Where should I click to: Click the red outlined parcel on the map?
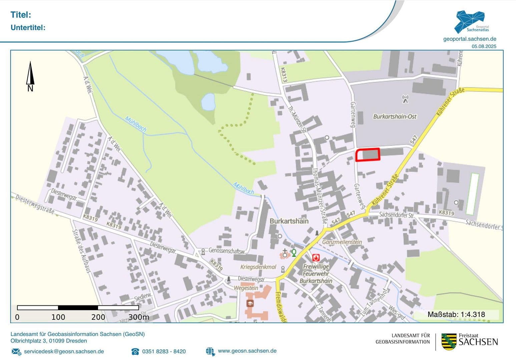(368, 155)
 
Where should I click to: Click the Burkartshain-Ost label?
(395, 117)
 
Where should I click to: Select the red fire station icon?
(316, 258)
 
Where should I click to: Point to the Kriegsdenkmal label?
(258, 267)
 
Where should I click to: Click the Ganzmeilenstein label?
(342, 242)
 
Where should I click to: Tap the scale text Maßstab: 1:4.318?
(456, 314)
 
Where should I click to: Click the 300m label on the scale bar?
(138, 317)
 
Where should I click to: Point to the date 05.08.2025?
(484, 47)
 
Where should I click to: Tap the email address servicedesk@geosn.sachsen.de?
(64, 351)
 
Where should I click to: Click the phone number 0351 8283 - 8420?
(164, 351)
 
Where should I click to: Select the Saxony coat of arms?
(449, 342)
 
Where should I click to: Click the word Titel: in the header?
(21, 15)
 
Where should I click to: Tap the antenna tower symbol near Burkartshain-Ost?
(405, 99)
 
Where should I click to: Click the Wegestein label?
(246, 288)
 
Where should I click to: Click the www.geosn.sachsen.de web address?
(247, 351)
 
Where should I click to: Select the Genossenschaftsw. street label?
(227, 250)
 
